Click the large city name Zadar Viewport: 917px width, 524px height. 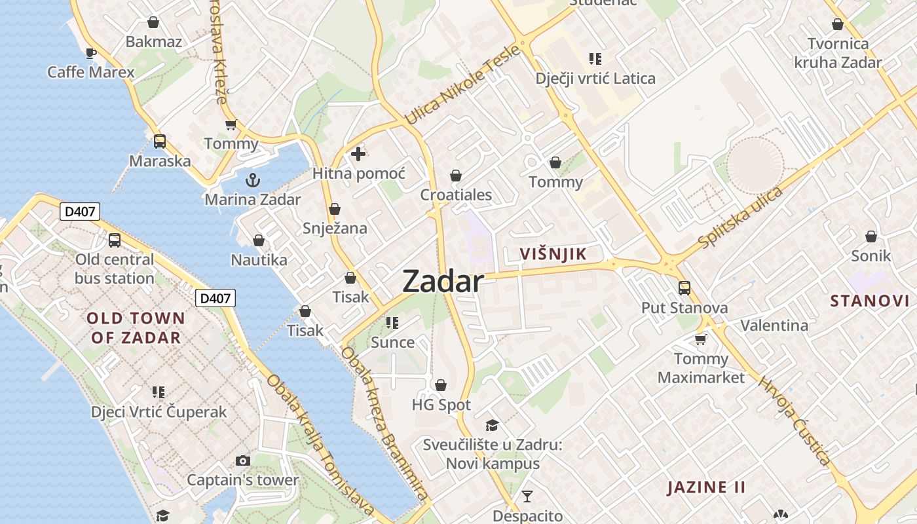(443, 282)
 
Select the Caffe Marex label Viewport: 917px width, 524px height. (90, 71)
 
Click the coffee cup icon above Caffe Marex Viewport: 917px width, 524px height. (90, 52)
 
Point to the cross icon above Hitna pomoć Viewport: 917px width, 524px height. (358, 155)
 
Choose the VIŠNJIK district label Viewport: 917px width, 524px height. (553, 254)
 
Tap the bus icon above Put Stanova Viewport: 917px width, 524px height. (684, 288)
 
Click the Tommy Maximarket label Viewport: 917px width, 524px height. (701, 368)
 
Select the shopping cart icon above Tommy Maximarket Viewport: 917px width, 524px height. (701, 339)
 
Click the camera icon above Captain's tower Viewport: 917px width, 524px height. (242, 460)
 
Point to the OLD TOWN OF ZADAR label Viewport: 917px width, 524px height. (136, 328)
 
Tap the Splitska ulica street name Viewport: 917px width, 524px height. (741, 217)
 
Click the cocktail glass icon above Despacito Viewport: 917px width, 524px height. (527, 496)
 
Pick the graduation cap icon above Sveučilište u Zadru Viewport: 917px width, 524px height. (492, 425)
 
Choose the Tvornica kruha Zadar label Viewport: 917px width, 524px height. (838, 54)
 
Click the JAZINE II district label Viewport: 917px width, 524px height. (706, 487)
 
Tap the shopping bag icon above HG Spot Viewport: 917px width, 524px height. (441, 385)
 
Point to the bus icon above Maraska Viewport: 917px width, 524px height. (159, 141)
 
